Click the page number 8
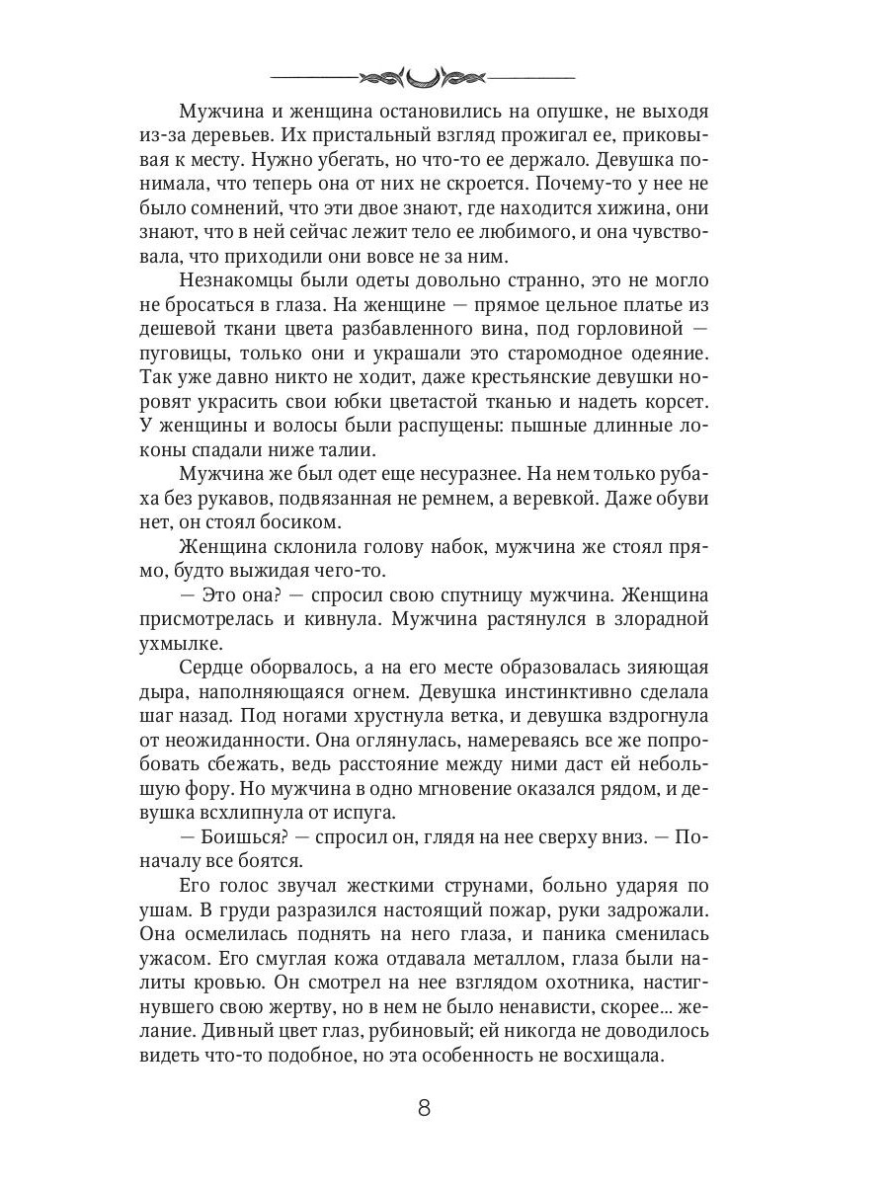(424, 1107)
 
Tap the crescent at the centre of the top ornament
(424, 76)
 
